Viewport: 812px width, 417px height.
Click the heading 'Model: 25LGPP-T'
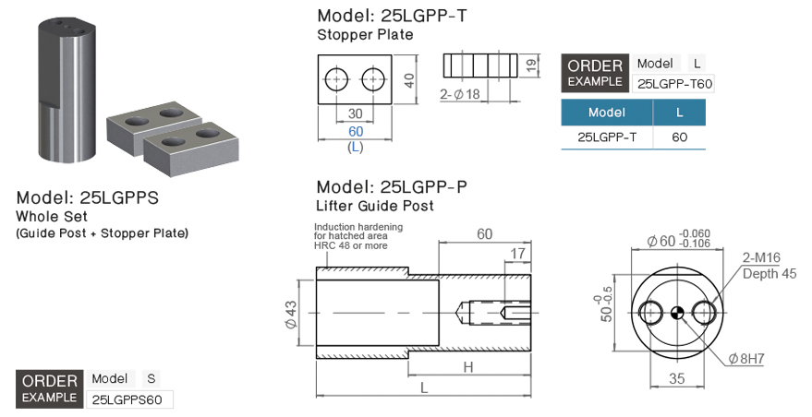coord(398,15)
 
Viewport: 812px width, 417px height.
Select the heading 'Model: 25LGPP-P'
coord(398,186)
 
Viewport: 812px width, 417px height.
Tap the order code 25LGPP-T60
coord(675,84)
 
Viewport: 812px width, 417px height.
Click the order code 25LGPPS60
coord(129,399)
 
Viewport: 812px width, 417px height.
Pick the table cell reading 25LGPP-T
coord(607,137)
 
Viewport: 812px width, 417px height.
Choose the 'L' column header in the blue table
coord(679,113)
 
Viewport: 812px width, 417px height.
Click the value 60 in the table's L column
coord(679,137)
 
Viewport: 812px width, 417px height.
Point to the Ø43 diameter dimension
coord(291,314)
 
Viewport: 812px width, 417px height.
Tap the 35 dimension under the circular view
coord(676,378)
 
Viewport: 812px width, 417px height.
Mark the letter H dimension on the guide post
coord(468,367)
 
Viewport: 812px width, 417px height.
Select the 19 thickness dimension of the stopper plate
coord(531,65)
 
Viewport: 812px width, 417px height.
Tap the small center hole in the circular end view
coord(677,313)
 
